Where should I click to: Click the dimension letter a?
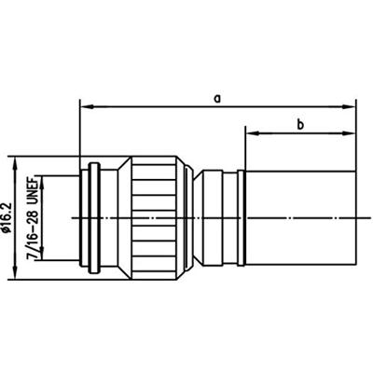click(x=218, y=96)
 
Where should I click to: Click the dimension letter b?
click(x=300, y=124)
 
